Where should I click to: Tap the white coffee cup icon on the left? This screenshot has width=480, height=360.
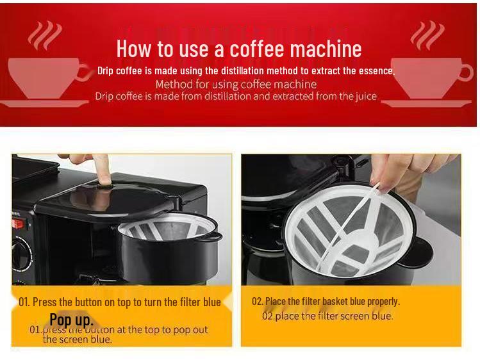click(48, 80)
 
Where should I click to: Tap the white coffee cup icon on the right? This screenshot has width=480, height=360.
click(432, 80)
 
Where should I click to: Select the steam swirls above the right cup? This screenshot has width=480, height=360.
click(427, 35)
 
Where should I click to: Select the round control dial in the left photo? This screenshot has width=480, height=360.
click(22, 253)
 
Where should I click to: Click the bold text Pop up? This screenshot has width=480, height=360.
click(71, 319)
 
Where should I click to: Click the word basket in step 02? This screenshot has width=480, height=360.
click(335, 301)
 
